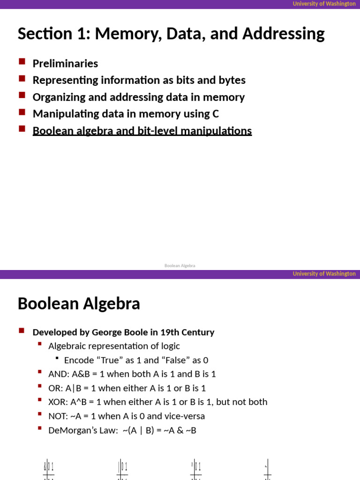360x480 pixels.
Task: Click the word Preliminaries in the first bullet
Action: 65,64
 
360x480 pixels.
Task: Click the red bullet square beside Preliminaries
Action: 22,61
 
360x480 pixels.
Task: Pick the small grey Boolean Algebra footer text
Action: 180,266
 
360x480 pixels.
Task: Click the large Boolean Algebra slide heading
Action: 79,304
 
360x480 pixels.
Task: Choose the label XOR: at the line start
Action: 58,402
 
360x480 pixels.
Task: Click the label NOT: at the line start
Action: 58,416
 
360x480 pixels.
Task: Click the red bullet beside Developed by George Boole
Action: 22,330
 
